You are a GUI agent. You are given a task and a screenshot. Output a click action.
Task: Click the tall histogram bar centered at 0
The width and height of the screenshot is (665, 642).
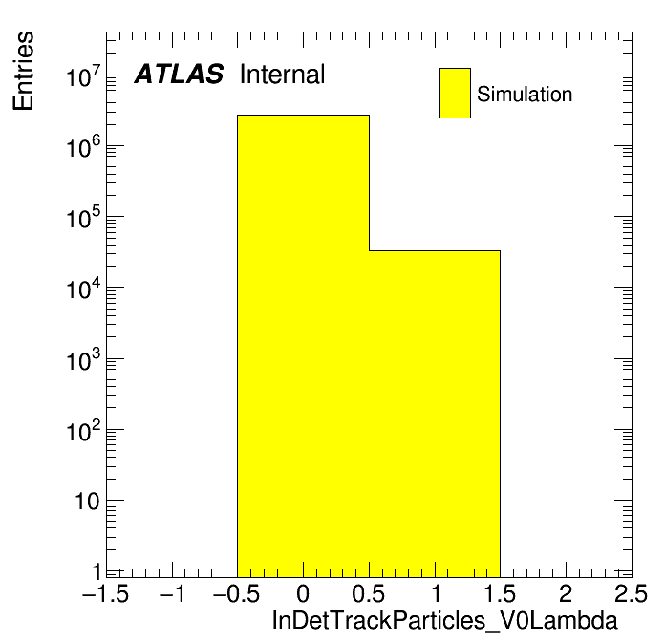tap(303, 344)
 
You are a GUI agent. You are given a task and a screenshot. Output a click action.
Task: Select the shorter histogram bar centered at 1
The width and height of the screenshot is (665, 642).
tap(435, 411)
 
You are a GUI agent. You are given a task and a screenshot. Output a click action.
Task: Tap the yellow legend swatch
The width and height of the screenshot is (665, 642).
tap(455, 93)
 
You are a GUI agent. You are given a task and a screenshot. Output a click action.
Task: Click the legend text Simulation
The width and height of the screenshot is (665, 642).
tap(525, 95)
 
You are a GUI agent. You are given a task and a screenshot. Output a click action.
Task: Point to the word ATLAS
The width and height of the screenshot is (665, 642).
tap(179, 75)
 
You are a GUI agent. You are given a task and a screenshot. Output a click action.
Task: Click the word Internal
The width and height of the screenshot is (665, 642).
tap(283, 75)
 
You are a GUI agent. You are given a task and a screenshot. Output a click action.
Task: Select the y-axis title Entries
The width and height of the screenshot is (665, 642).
tap(23, 71)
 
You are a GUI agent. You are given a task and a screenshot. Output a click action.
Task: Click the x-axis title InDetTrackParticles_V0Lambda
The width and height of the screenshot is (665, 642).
tap(445, 621)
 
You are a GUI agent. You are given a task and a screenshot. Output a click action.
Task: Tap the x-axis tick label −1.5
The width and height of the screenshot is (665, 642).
tap(106, 594)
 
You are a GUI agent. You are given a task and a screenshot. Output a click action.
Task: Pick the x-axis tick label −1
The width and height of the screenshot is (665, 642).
tap(172, 594)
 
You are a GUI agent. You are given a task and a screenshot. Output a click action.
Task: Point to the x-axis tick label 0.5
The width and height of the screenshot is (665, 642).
tap(369, 594)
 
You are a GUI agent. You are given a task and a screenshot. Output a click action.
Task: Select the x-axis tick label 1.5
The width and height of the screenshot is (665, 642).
tap(500, 594)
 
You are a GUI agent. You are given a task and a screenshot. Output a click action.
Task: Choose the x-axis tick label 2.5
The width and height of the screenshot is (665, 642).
tap(631, 594)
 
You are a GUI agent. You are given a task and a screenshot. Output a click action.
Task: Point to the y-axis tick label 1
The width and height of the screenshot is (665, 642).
tap(97, 571)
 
